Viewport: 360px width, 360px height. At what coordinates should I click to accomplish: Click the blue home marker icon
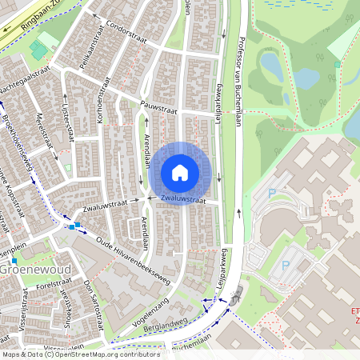coord(180,173)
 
